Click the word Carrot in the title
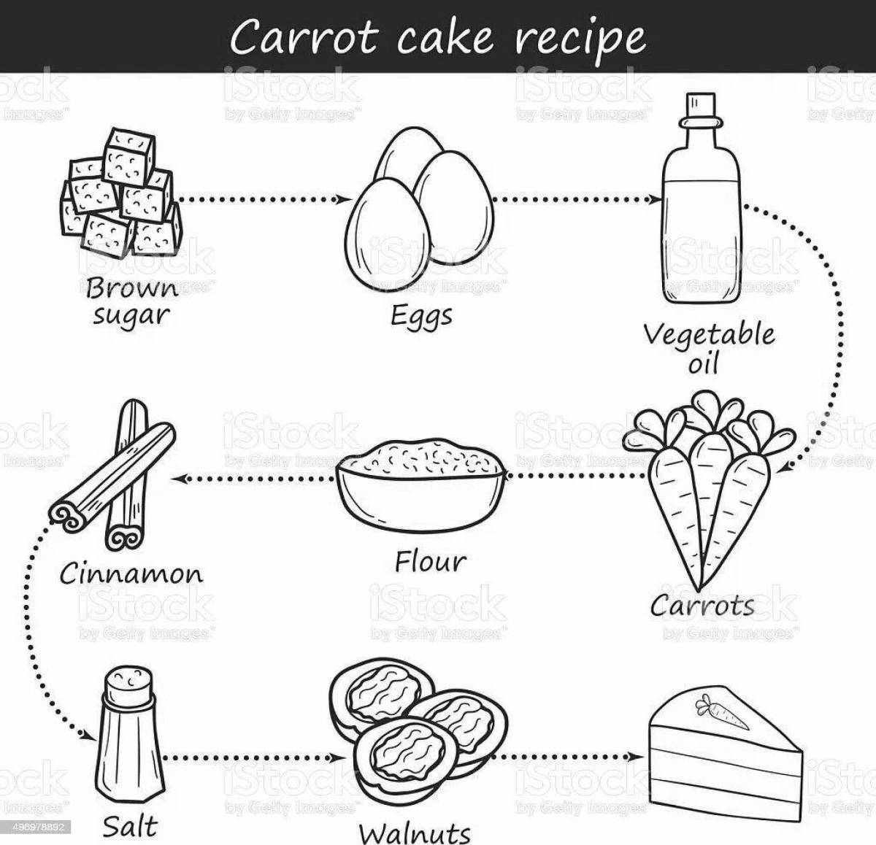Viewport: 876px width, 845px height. click(x=304, y=38)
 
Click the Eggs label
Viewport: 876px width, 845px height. click(x=421, y=317)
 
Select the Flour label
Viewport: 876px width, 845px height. click(x=430, y=562)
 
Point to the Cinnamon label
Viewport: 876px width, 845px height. click(x=131, y=574)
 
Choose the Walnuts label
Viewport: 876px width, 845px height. click(x=415, y=832)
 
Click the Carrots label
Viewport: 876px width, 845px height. click(x=702, y=605)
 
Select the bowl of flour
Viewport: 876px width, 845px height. click(x=420, y=481)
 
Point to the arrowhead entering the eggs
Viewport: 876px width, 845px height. click(x=339, y=199)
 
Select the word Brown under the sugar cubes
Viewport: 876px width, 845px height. click(x=131, y=289)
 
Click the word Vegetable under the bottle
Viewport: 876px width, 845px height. click(x=708, y=336)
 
